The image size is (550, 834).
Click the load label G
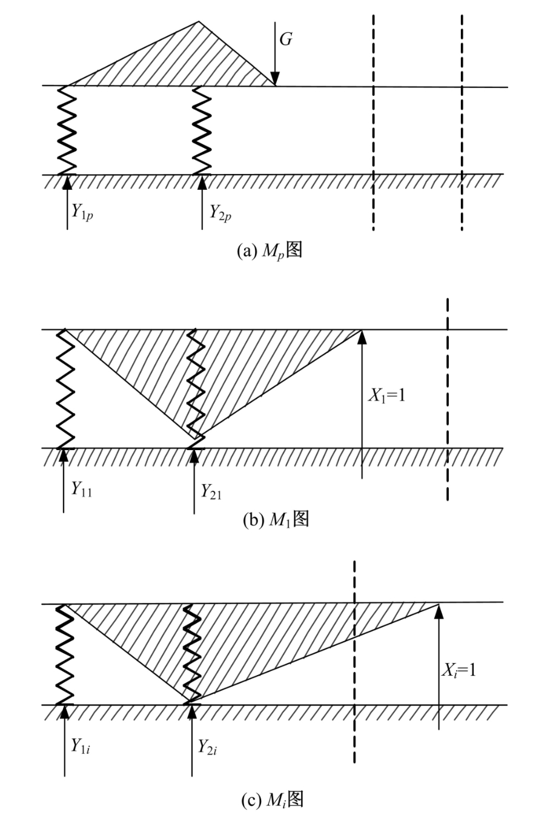[x=285, y=39]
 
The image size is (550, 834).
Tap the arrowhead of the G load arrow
[x=275, y=79]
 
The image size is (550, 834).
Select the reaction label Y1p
[x=82, y=212]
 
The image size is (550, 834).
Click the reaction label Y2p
[x=220, y=213]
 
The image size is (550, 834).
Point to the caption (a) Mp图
[x=270, y=251]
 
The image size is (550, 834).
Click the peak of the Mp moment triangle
[x=199, y=22]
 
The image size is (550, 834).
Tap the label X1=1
[x=386, y=395]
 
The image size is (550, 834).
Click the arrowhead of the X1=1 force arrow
[x=362, y=337]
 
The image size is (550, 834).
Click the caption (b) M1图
[x=276, y=519]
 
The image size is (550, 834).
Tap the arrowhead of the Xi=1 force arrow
[x=439, y=611]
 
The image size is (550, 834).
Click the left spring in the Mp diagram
[x=67, y=130]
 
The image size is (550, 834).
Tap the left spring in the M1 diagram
[x=65, y=389]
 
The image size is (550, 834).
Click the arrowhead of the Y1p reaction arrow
[x=67, y=182]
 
